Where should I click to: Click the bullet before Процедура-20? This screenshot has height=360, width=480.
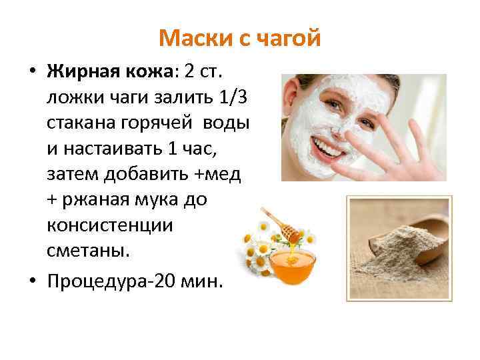31,280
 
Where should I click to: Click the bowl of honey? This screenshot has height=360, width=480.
291,263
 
